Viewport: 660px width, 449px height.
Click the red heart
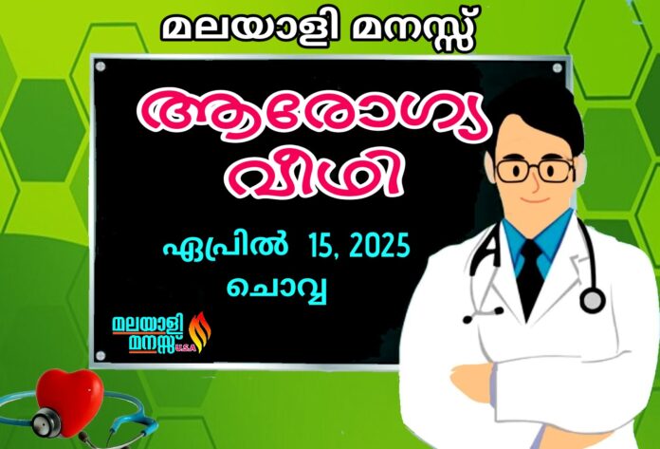[x=69, y=401]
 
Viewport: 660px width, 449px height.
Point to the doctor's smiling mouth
[x=536, y=199]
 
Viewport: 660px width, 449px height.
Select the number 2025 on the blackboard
[x=379, y=245]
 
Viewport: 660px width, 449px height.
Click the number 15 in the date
[x=321, y=246]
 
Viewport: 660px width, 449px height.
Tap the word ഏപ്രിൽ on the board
[x=225, y=245]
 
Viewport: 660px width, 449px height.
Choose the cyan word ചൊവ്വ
[x=277, y=289]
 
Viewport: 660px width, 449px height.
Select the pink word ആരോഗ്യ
[x=313, y=114]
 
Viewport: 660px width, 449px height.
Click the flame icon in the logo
[x=200, y=331]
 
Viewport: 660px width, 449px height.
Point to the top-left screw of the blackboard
[x=101, y=66]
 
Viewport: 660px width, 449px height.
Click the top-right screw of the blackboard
[x=557, y=67]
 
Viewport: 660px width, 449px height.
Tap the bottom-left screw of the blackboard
[x=101, y=356]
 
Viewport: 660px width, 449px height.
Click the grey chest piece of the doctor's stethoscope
[x=593, y=301]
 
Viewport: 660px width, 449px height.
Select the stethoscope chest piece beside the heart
[x=46, y=422]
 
